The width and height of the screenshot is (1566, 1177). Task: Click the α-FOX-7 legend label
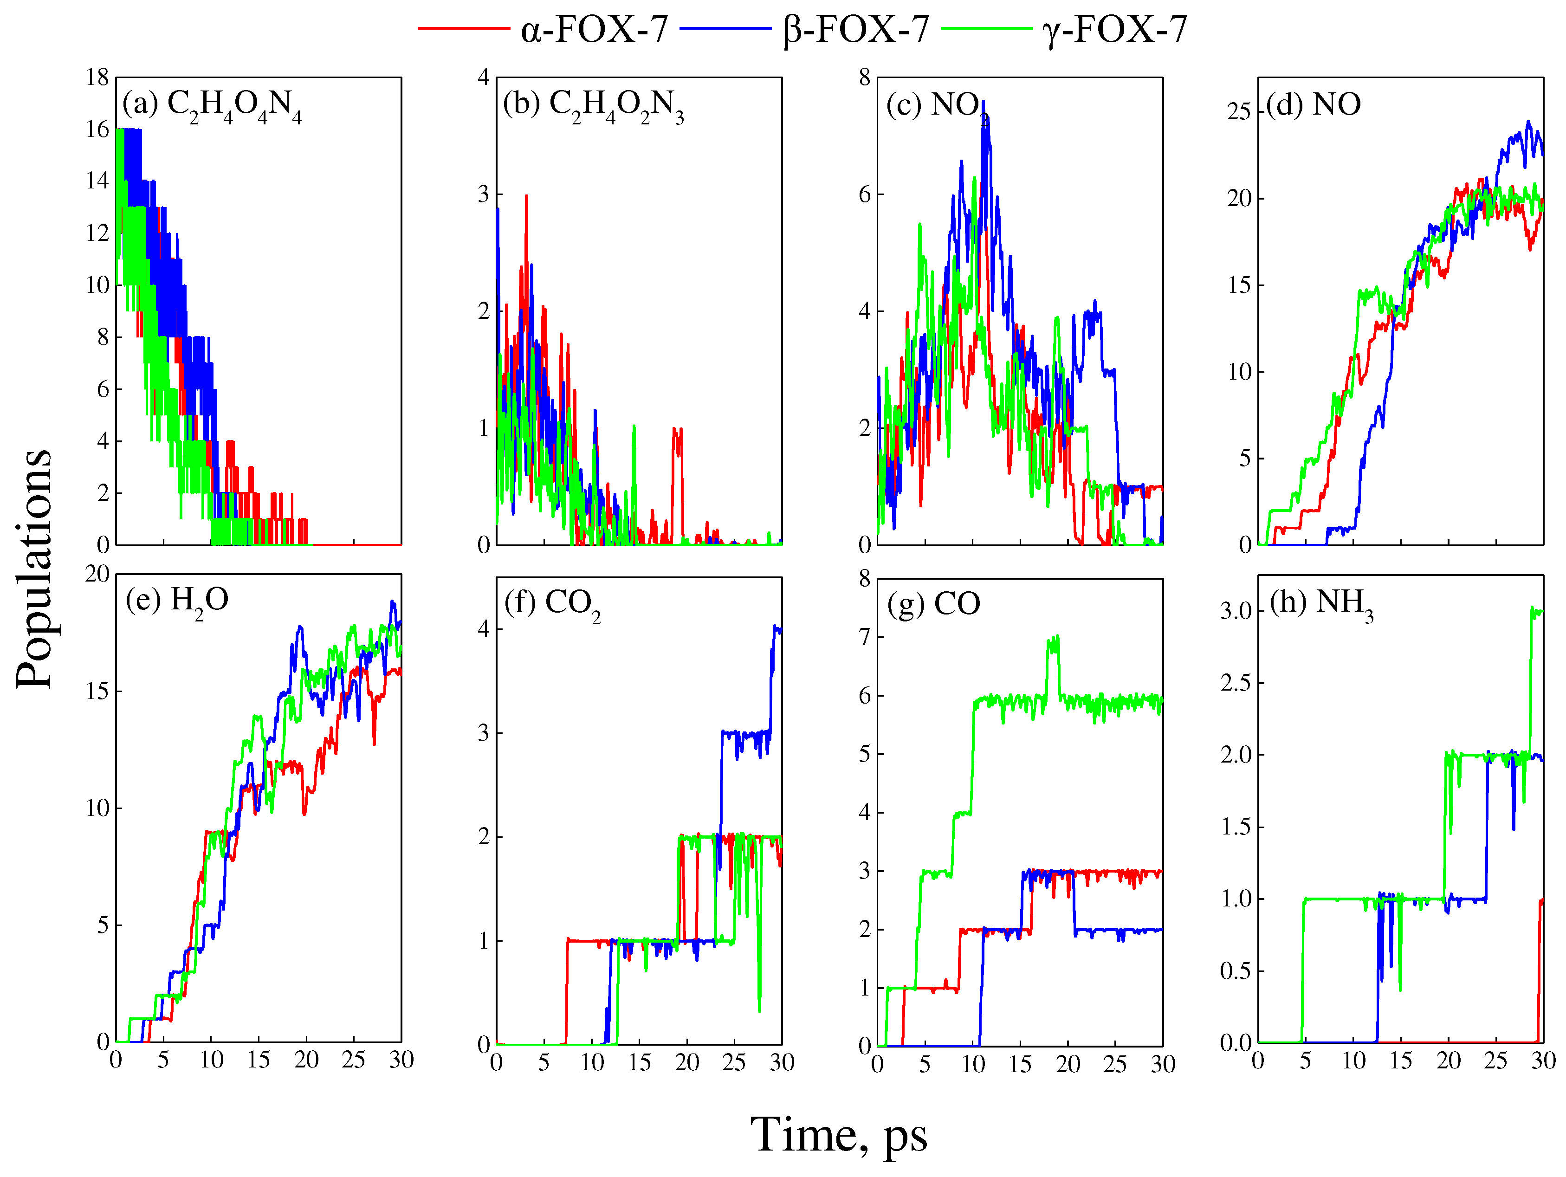(x=594, y=30)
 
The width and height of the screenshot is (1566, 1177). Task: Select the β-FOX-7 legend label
(x=855, y=30)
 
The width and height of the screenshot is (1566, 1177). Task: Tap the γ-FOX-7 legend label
(x=1114, y=30)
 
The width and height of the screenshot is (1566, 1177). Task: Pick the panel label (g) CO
(x=933, y=604)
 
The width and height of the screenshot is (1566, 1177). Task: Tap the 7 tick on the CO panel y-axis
(x=864, y=637)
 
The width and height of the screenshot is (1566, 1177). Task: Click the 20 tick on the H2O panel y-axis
(x=97, y=574)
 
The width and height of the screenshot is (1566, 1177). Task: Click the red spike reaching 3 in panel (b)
(x=526, y=198)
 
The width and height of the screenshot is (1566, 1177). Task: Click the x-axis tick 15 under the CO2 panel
(x=639, y=1062)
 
